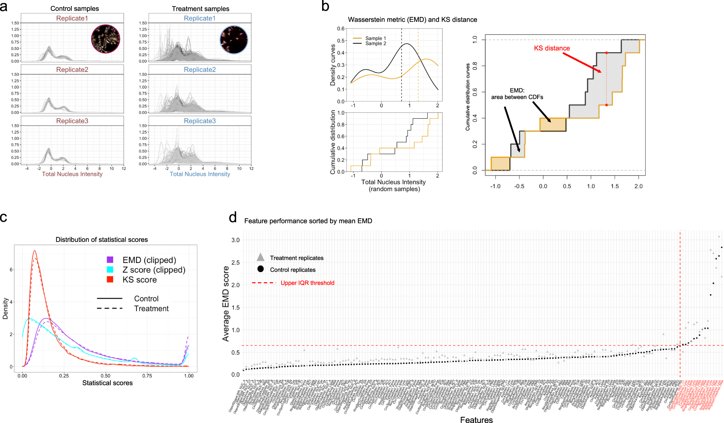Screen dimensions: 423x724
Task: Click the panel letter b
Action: click(x=325, y=7)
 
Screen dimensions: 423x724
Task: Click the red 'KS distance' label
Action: click(x=552, y=48)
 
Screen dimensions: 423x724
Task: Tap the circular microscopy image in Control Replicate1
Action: click(x=106, y=39)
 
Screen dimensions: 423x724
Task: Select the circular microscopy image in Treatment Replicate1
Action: click(x=234, y=40)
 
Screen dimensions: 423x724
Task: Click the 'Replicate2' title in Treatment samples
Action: click(x=199, y=70)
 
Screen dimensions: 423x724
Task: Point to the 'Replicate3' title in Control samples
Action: click(x=72, y=121)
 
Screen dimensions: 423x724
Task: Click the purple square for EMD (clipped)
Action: click(x=110, y=260)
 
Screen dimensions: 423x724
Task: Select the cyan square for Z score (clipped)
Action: click(x=110, y=270)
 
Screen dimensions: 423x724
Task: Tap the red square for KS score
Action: click(x=110, y=279)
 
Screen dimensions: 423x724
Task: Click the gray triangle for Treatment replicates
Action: click(x=260, y=258)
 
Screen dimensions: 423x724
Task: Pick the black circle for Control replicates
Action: click(x=260, y=269)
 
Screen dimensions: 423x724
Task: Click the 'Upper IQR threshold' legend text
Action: click(x=307, y=283)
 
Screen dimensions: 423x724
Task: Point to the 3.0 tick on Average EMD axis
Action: click(x=235, y=240)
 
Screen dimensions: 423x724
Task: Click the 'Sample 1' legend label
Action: click(x=375, y=38)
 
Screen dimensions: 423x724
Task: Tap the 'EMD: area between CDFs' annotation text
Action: click(x=517, y=94)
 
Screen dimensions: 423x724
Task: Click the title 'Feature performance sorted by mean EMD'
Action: click(x=308, y=221)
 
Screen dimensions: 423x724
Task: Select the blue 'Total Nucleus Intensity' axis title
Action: click(x=200, y=174)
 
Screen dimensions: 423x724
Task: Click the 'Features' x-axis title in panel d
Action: click(x=476, y=419)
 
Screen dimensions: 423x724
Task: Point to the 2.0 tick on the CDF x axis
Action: click(x=638, y=186)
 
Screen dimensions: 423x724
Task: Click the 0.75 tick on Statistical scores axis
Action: click(x=147, y=376)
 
